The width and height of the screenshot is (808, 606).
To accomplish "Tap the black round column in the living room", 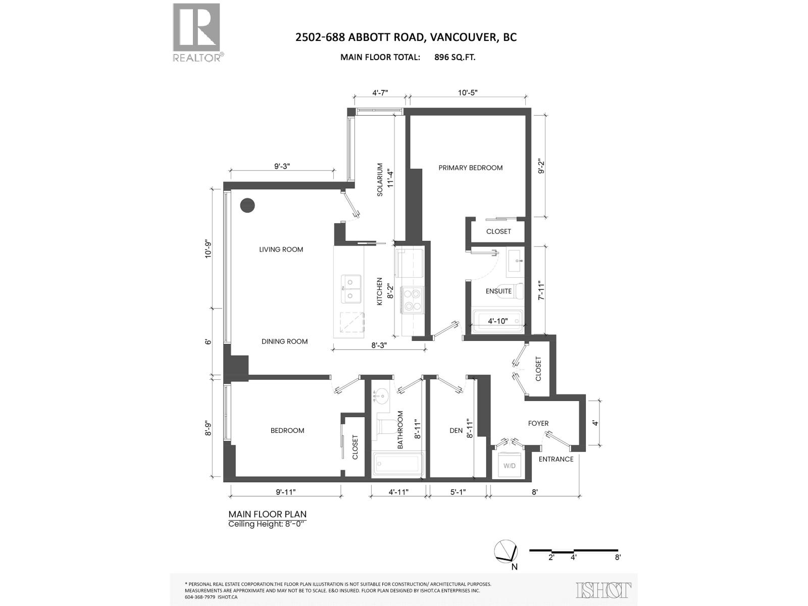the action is pos(247,206).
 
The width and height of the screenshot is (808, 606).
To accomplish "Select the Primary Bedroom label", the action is pos(471,168).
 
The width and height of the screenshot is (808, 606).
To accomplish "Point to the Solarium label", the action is pos(380,180).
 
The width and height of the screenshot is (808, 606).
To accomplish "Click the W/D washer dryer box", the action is pos(510,465).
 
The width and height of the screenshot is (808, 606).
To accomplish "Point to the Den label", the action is pos(456,430).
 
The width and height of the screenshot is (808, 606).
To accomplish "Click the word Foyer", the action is pos(538,424).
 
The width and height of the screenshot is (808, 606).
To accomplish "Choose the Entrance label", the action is pos(556,459).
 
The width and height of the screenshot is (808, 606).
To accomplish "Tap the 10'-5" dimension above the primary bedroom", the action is pos(468,93).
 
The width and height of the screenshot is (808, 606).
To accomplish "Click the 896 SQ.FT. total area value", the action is pos(454,58).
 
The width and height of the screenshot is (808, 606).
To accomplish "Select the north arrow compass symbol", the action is pos(506,552).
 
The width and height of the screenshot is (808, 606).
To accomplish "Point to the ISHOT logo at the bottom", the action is pos(603,590).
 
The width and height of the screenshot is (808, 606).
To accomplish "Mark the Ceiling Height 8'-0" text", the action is pos(267,524).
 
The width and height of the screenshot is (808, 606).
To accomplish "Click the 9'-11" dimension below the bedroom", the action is pos(286,492).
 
